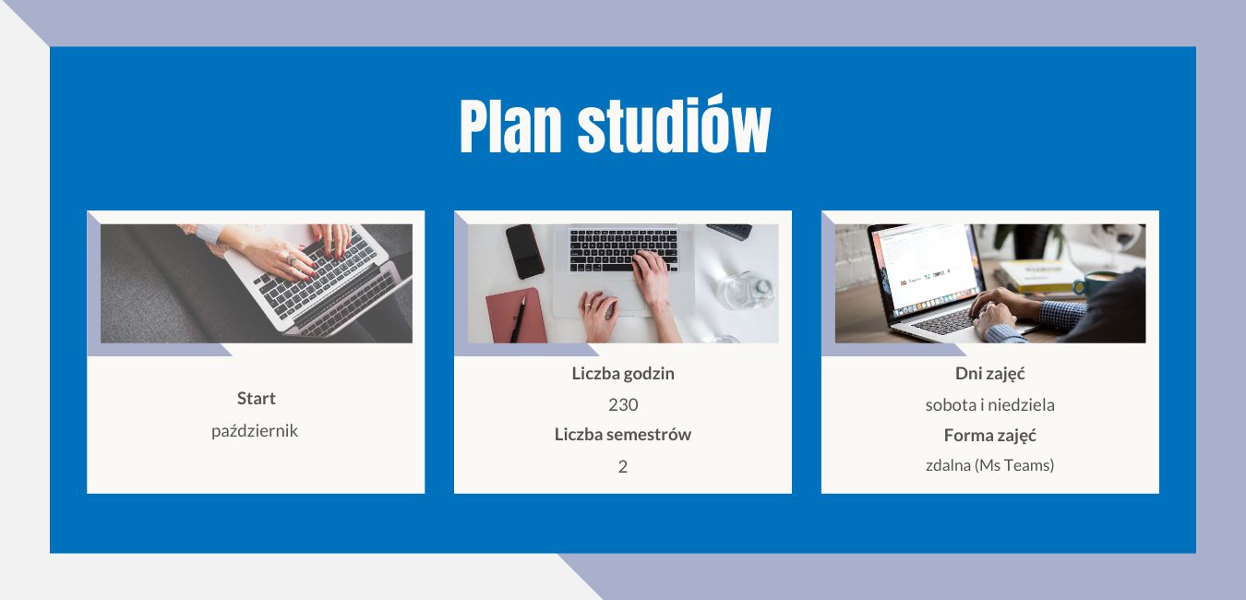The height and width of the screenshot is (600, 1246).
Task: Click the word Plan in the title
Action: coord(510,126)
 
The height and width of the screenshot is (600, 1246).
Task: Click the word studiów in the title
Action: coord(674,124)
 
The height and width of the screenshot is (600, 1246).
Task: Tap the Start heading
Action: coord(256,398)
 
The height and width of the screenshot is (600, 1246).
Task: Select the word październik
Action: coord(255,431)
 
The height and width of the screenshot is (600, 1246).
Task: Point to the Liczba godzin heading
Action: coord(623,374)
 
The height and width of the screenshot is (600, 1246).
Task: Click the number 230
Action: coord(623,405)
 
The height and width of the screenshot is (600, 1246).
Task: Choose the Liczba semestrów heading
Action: coord(623,434)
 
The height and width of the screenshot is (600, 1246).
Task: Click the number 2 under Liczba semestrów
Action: coord(623,466)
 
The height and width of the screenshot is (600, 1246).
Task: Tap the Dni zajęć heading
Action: coord(990,374)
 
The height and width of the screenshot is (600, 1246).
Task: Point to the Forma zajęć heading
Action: coord(990,436)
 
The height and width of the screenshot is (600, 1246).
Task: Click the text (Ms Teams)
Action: coord(1014,465)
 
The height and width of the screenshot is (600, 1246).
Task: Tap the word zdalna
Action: coord(949,465)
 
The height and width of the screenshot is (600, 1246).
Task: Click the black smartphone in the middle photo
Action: coord(524,251)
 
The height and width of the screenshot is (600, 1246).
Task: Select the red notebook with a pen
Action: coord(516,316)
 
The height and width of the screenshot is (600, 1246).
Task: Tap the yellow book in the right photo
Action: coord(1039,275)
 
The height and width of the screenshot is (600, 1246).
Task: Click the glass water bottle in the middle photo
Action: coord(746,290)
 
